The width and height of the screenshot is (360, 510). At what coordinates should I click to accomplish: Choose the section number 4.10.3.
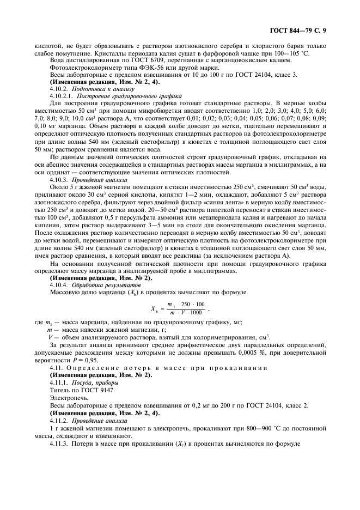(58, 179)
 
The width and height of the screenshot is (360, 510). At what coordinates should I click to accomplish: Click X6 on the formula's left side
(154, 308)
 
